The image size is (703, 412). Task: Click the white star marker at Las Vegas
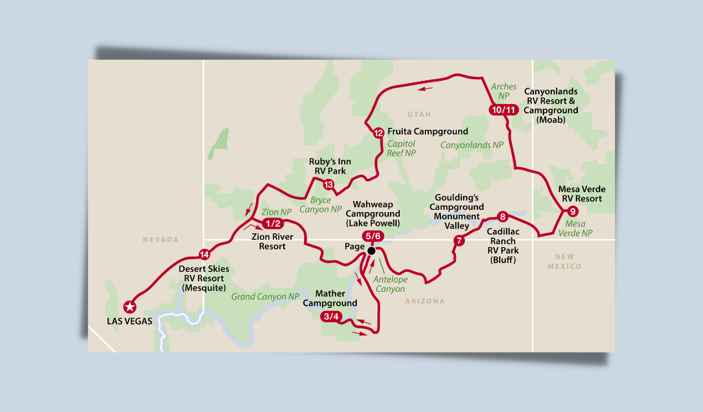[x=130, y=306]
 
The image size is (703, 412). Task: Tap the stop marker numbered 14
[x=204, y=255]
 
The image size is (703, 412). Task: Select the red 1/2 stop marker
[x=272, y=224]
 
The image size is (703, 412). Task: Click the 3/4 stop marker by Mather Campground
[x=331, y=317]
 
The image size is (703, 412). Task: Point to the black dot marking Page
[x=371, y=251]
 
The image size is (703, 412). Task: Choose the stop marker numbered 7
[x=459, y=241]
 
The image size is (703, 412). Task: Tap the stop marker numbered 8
[x=502, y=217]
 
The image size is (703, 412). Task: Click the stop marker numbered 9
[x=573, y=210]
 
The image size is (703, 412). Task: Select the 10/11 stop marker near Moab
[x=504, y=110]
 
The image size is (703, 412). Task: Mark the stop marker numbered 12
[x=378, y=133]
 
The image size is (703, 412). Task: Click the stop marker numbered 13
[x=329, y=185]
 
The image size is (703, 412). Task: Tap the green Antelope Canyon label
[x=389, y=284]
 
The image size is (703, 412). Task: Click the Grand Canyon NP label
[x=265, y=297]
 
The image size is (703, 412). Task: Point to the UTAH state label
[x=419, y=114]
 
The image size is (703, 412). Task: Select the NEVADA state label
[x=161, y=240]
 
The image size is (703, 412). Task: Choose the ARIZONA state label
[x=425, y=301]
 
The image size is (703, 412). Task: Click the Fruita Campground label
[x=428, y=132]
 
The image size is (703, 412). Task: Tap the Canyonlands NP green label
[x=471, y=145]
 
